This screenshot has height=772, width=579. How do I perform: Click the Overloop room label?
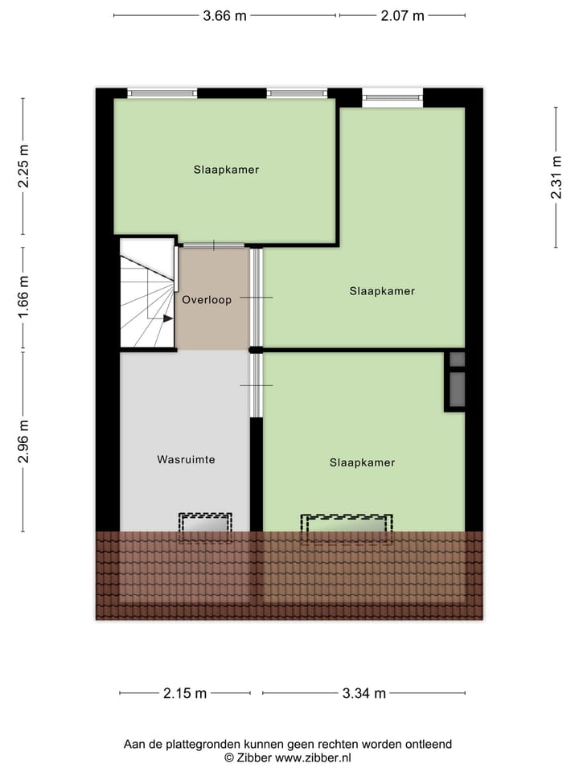click(207, 300)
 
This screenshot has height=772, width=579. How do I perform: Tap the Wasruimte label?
click(186, 460)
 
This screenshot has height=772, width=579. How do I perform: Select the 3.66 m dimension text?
click(224, 15)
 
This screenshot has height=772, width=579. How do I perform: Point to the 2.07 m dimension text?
click(402, 15)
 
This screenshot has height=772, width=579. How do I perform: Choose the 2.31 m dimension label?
click(556, 178)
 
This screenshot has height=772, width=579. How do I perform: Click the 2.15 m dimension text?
click(185, 693)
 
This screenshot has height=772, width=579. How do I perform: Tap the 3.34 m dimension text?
click(363, 693)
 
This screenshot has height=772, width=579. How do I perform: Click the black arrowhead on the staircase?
click(167, 318)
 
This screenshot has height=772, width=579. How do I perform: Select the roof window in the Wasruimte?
click(205, 524)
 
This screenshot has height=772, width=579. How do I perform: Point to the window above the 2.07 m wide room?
click(392, 98)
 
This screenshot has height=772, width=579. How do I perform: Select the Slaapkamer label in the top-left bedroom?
click(226, 170)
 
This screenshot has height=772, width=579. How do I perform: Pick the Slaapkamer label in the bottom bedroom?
click(362, 462)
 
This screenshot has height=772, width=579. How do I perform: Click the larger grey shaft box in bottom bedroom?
click(457, 389)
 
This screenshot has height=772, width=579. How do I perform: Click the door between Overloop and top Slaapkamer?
click(213, 245)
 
